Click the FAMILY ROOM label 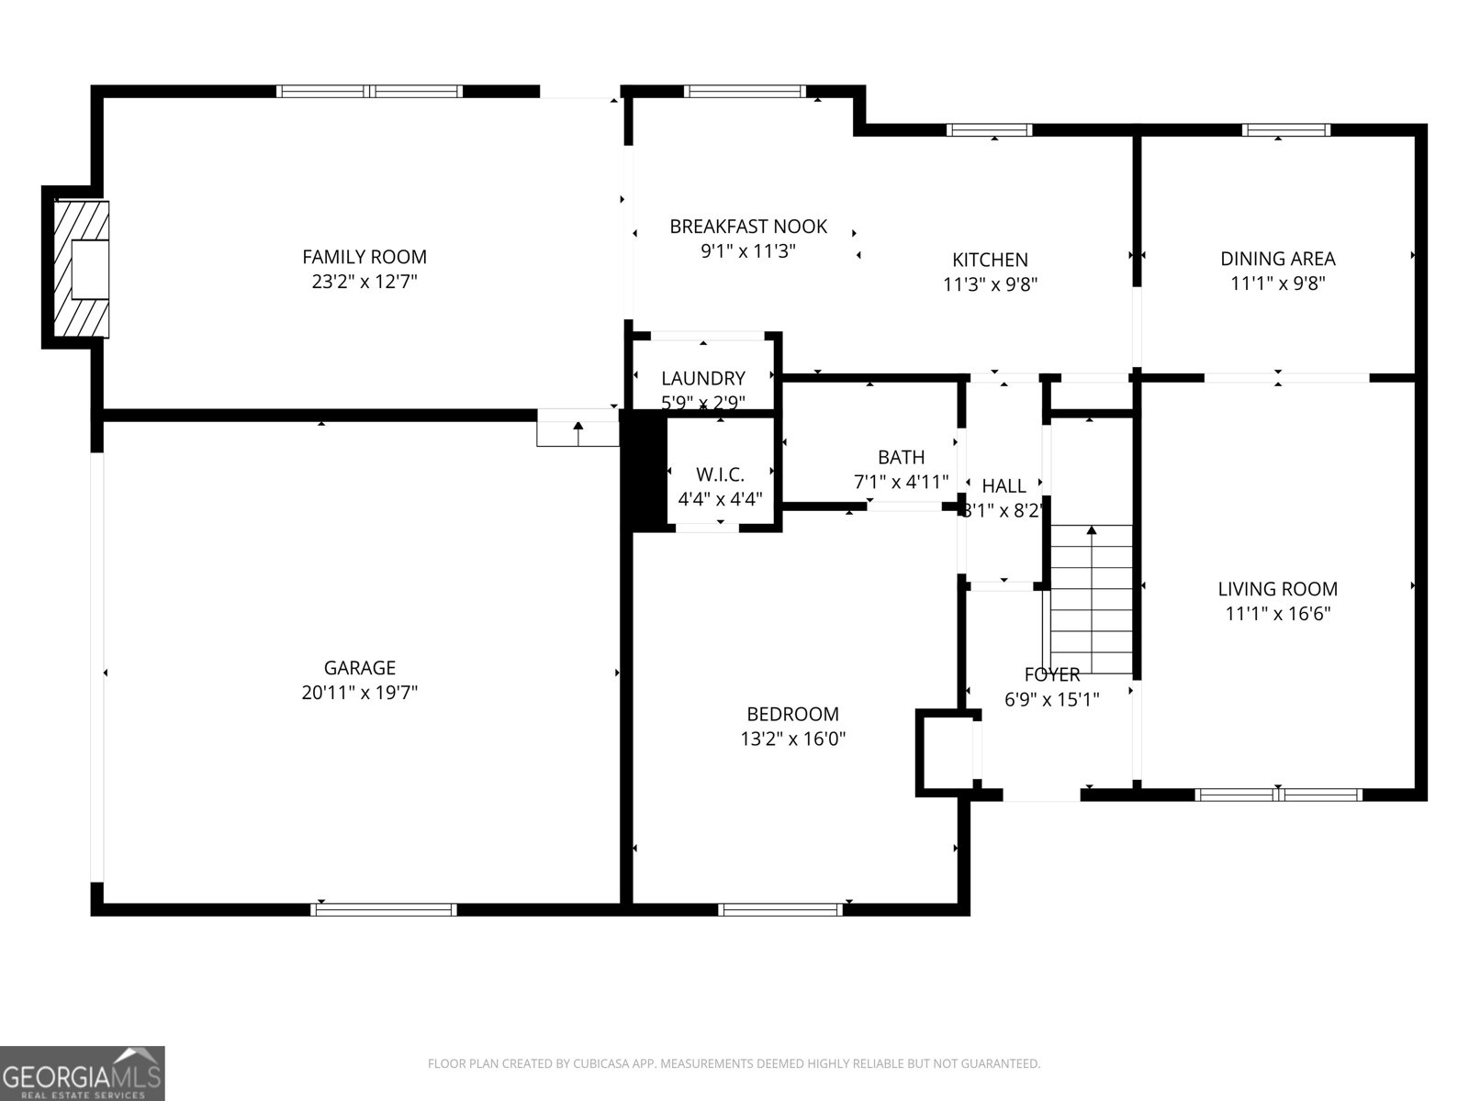tap(364, 257)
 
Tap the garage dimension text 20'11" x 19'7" tap(359, 693)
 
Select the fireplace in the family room tap(81, 268)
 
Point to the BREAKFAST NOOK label tap(747, 226)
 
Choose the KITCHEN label tap(990, 260)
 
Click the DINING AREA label tap(1277, 259)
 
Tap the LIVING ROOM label tap(1277, 589)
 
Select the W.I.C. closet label tap(720, 474)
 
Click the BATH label tap(901, 457)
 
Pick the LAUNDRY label tap(703, 378)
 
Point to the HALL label tap(1004, 486)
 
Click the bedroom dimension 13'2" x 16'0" tap(792, 739)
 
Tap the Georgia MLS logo tap(83, 1073)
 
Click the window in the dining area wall tap(1285, 129)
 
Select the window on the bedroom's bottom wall tap(779, 909)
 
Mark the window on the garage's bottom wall tap(384, 909)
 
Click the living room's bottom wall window tap(1279, 794)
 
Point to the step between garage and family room tap(578, 433)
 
